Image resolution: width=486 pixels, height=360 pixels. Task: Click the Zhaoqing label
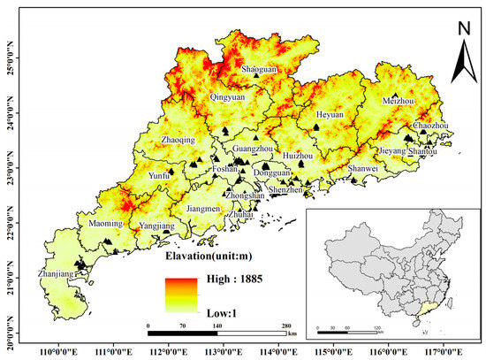179,140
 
